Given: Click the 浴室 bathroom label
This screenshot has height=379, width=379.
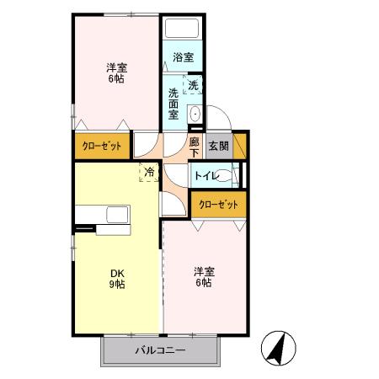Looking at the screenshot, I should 184,57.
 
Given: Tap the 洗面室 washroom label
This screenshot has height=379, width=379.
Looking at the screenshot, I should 173,104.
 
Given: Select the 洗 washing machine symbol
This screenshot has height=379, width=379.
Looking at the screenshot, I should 194,84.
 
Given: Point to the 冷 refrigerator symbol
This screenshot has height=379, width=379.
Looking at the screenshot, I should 149,173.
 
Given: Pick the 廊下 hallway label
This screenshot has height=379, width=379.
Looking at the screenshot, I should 195,147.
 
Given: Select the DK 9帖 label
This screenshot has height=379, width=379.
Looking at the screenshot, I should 116,279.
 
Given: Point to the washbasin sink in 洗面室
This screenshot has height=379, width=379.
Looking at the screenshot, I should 195,115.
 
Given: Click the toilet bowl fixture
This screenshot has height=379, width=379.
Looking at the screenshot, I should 236,175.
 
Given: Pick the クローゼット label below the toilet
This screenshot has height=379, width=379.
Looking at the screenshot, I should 218,203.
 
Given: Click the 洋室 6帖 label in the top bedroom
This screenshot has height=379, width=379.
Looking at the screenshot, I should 116,73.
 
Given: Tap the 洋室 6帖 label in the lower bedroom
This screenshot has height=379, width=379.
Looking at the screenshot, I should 203,277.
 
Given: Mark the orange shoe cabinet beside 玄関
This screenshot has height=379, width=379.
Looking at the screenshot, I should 240,145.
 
